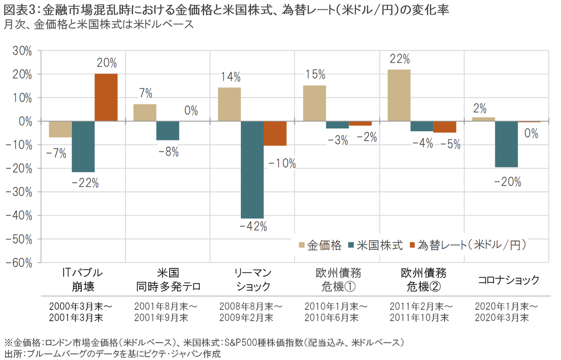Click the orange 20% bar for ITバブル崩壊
106,97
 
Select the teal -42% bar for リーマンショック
252,169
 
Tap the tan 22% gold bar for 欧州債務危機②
399,95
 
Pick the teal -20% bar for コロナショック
506,144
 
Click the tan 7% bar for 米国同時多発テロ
145,113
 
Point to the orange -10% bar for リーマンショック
275,133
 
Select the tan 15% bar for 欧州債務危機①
315,103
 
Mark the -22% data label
85,184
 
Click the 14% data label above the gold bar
231,76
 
